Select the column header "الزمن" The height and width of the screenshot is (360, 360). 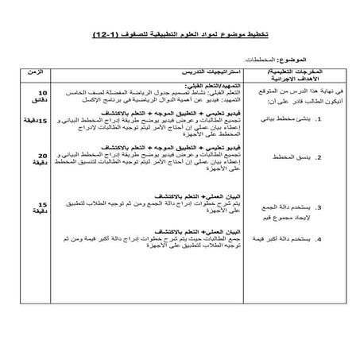point(37,72)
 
